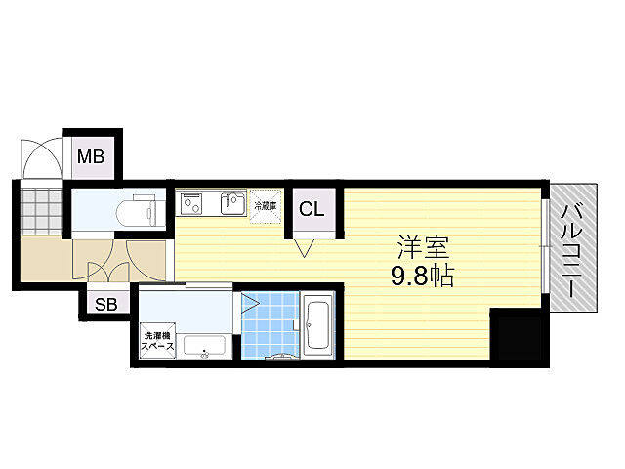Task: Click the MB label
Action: tap(93, 155)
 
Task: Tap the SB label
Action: tap(105, 305)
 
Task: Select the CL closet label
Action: tap(312, 208)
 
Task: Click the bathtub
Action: tap(318, 325)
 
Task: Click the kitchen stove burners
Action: tap(191, 204)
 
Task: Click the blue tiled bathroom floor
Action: tap(270, 324)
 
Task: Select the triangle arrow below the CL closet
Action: tap(304, 250)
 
